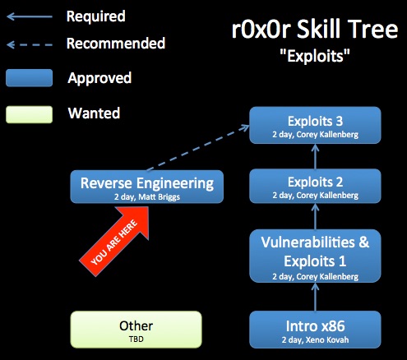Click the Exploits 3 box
coord(315,125)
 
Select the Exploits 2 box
coord(315,186)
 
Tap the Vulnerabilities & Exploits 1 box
coord(315,256)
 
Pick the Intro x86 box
coord(315,330)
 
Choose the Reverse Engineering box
coord(147,187)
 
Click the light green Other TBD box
coord(136,330)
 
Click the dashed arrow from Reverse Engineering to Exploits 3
coord(198,148)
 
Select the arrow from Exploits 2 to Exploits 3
coord(315,156)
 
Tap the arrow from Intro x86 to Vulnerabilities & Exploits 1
coord(315,297)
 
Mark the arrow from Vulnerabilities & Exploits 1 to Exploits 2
coord(315,217)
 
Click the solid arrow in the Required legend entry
coord(30,16)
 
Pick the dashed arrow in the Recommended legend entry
coord(30,44)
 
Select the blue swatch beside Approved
coord(30,78)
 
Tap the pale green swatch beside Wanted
coord(30,114)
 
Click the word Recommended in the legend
coord(116,44)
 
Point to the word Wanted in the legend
coord(94,113)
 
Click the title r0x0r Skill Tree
coord(315,30)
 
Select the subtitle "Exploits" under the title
coord(315,56)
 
